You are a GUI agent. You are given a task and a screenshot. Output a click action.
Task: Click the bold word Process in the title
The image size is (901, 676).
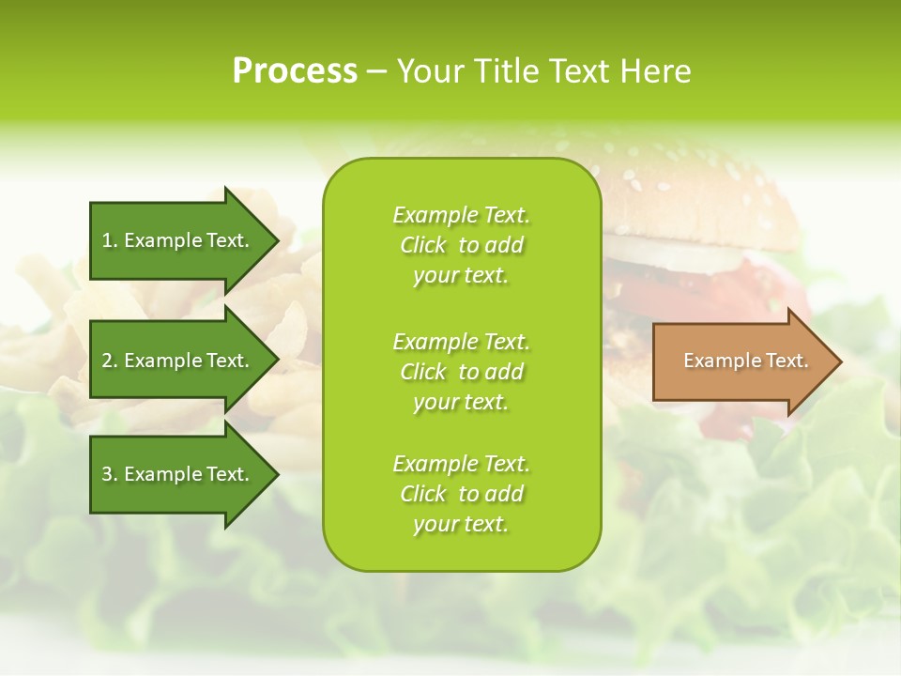(295, 71)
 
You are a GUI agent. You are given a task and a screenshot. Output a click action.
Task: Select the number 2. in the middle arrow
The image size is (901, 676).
(110, 361)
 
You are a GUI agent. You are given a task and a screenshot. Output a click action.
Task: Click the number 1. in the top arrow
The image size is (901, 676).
(110, 240)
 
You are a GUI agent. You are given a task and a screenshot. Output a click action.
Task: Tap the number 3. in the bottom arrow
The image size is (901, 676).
(110, 474)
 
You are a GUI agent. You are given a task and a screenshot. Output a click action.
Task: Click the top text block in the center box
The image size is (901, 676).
(461, 245)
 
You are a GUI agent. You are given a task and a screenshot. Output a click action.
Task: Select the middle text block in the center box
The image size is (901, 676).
(461, 372)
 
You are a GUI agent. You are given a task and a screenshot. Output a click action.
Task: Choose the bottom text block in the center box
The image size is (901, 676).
(461, 494)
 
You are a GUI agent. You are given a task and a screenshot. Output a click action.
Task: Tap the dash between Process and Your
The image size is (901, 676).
(376, 71)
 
